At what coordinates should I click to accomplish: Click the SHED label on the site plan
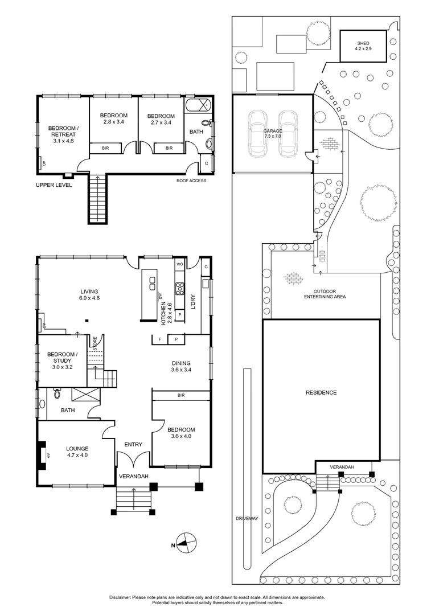point(363,46)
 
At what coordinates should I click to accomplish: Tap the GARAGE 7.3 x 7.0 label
point(273,134)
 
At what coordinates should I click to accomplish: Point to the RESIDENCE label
point(321,392)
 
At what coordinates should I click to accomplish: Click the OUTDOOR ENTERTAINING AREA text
point(325,294)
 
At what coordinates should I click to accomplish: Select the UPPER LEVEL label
point(54,185)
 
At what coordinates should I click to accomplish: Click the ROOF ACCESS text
point(191,181)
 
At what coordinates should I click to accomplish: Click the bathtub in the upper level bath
point(198,106)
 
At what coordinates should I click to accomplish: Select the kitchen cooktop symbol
point(179,288)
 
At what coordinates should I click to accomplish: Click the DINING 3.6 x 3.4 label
point(181,367)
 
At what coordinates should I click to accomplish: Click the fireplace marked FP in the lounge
point(43,455)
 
